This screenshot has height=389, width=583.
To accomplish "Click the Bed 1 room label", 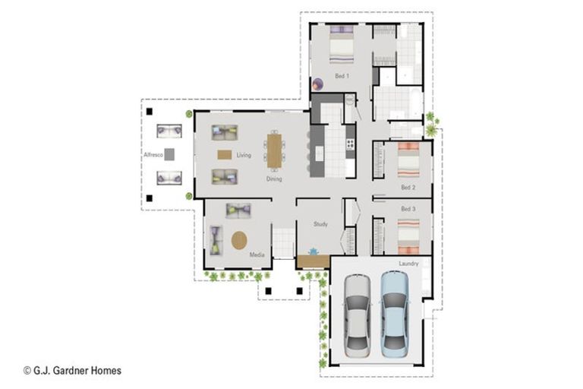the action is (x=342, y=76).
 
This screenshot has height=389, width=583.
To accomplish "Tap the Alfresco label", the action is (x=153, y=154).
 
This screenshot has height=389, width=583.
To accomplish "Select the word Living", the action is (x=244, y=155).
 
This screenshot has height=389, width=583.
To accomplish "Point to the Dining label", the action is (x=274, y=179).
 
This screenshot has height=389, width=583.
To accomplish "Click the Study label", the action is (x=320, y=224).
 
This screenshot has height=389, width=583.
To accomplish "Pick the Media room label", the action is (x=257, y=255).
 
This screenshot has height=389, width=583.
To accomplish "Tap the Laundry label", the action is (x=408, y=264).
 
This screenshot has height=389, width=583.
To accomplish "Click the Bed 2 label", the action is (x=408, y=187).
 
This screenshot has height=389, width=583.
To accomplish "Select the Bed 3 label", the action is (x=408, y=209).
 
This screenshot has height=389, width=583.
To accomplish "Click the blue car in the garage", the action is (x=395, y=315).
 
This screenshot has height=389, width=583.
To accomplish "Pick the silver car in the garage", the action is (x=357, y=315).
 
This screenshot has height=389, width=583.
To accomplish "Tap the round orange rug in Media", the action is (x=239, y=241).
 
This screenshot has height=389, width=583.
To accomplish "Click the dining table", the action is (x=274, y=150).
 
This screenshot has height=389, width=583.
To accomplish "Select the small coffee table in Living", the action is (x=225, y=154).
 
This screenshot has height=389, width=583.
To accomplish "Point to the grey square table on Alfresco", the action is (x=169, y=154).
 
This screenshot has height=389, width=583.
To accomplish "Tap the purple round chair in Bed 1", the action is (x=317, y=84).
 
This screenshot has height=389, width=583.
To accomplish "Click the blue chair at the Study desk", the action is (x=314, y=251).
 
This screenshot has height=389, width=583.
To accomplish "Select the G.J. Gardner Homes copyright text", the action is (x=73, y=371).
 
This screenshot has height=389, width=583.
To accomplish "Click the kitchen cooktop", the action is (x=350, y=144).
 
